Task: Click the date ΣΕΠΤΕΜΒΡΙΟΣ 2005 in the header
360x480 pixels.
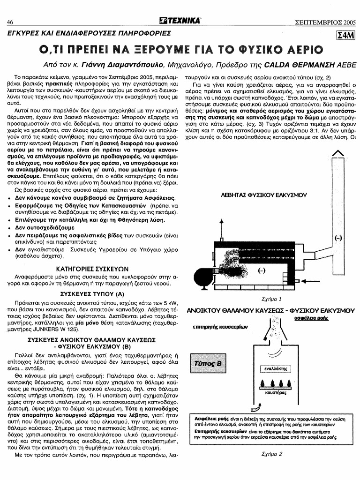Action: click(x=325, y=22)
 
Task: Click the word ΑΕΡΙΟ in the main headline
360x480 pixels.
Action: click(x=296, y=49)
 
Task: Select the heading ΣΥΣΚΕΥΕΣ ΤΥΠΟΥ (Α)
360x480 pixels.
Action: click(x=92, y=294)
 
